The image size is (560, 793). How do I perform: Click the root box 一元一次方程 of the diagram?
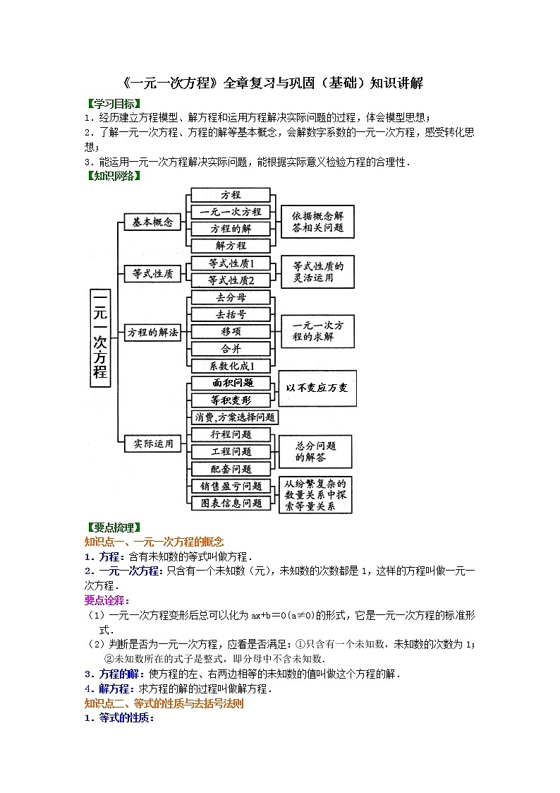pos(100,337)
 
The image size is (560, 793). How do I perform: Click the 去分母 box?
pos(231,298)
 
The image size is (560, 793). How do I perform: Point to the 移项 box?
pos(231,332)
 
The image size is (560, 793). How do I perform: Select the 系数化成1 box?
pos(231,366)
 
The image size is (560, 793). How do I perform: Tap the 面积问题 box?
pos(231,383)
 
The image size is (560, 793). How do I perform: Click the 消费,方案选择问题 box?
pos(235,417)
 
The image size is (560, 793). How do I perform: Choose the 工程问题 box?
pos(231,451)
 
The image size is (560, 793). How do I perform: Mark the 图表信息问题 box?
pos(231,503)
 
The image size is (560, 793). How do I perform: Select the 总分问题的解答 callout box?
pos(315,451)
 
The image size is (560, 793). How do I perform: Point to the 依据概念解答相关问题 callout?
pos(317,222)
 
